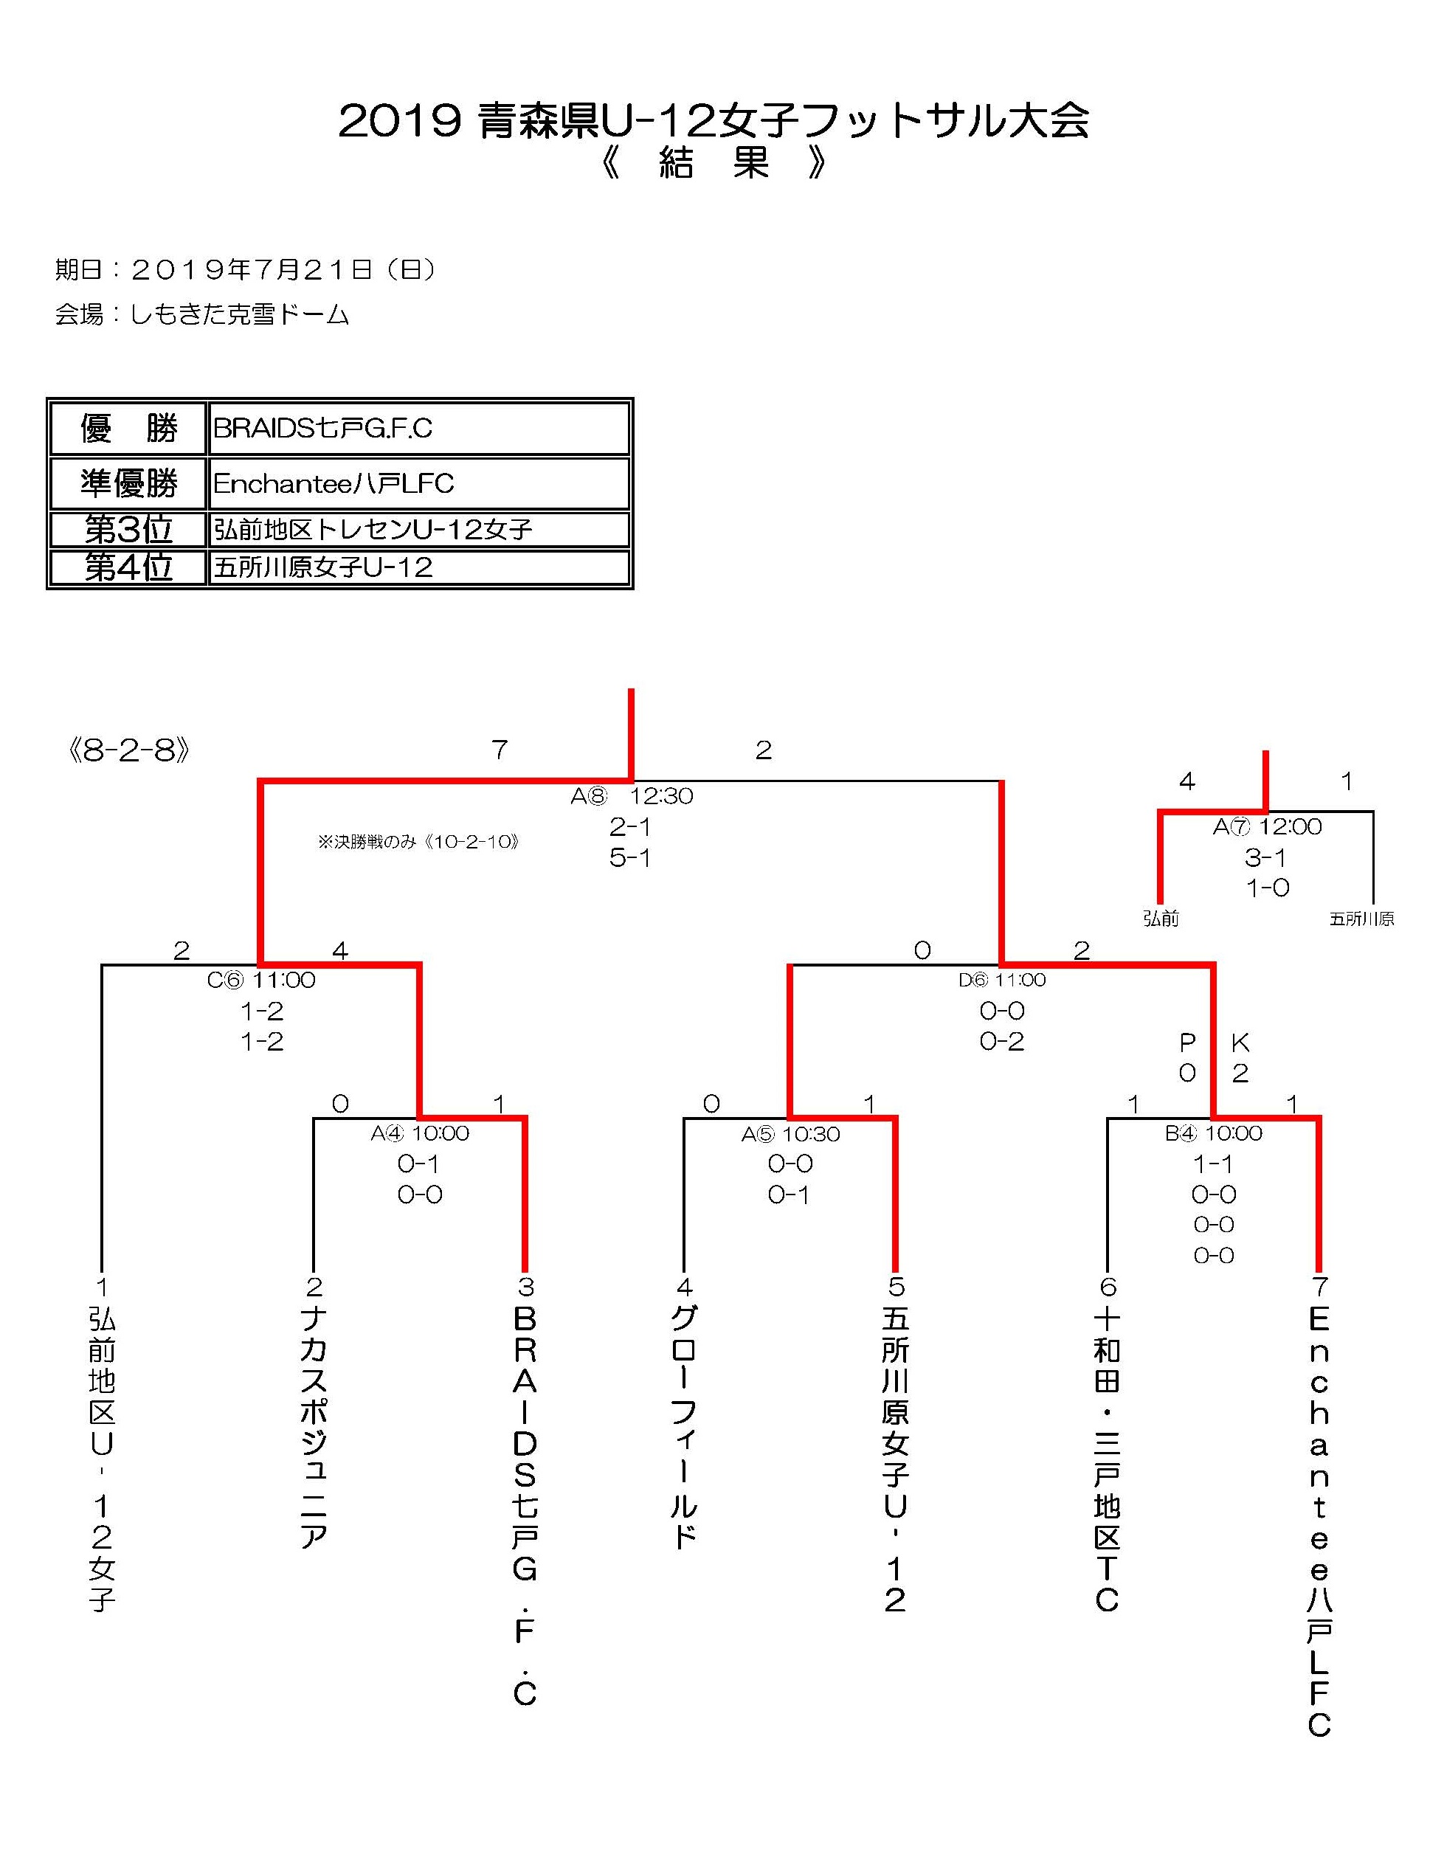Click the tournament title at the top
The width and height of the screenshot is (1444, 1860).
coord(714,122)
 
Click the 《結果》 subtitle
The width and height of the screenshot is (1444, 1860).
coord(714,162)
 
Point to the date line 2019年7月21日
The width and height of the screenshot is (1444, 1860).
coord(246,270)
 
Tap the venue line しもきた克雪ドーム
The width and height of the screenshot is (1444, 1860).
coord(203,314)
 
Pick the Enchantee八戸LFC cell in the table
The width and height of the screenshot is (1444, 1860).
coord(333,484)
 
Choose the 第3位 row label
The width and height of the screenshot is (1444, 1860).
coord(128,529)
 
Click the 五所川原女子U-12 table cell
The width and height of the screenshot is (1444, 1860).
coord(323,567)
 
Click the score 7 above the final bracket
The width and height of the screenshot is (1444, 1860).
coord(500,750)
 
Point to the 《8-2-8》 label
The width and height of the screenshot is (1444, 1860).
coord(128,750)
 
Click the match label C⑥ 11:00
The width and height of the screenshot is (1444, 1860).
coord(261,981)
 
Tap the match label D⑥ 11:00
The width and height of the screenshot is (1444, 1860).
coord(1002,981)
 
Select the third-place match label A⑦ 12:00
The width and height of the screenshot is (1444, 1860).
coord(1268,827)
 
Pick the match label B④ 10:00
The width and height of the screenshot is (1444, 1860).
coord(1213,1133)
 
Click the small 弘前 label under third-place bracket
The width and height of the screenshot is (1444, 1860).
coord(1161,919)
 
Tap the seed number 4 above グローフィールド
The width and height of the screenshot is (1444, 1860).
coord(685,1287)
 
